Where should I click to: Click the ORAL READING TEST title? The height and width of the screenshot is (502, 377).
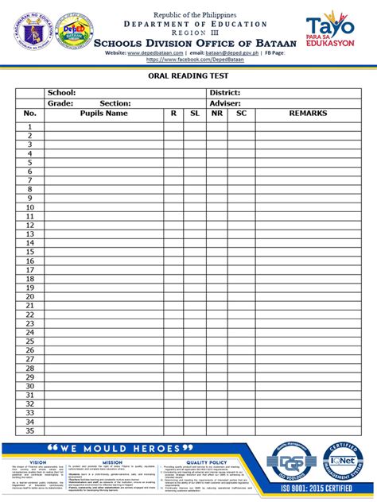coord(188,75)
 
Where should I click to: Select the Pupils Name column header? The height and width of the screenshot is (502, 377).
coord(103,114)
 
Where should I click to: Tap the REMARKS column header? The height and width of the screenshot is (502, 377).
coord(308,114)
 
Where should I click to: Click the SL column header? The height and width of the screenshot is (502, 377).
coord(195,114)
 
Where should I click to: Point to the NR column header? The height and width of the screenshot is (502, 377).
coord(217,114)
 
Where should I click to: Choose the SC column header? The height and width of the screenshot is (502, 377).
coord(241,114)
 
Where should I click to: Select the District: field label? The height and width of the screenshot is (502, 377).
coord(225,93)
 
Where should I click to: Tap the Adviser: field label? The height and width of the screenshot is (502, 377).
coord(225,103)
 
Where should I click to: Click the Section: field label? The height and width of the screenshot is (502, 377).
coord(115,103)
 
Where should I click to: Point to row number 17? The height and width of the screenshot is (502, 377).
coord(30,279)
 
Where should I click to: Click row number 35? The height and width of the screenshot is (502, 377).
coord(30,431)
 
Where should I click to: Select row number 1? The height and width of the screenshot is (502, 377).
coord(30,126)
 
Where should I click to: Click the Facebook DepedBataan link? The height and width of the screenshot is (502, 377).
coord(188,60)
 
